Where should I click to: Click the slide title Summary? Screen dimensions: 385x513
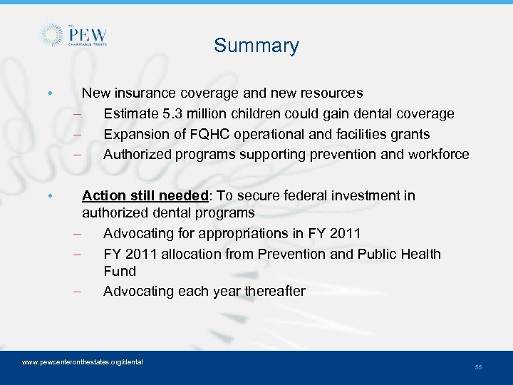click(256, 46)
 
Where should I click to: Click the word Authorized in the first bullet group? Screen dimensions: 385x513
click(135, 154)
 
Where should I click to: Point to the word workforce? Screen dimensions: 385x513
click(438, 154)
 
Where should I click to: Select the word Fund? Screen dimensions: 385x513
click(120, 271)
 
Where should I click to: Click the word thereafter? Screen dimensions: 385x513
click(274, 291)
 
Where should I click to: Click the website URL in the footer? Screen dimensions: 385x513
click(83, 362)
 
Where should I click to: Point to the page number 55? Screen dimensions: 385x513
click(478, 366)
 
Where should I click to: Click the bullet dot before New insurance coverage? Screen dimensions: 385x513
click(48, 93)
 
